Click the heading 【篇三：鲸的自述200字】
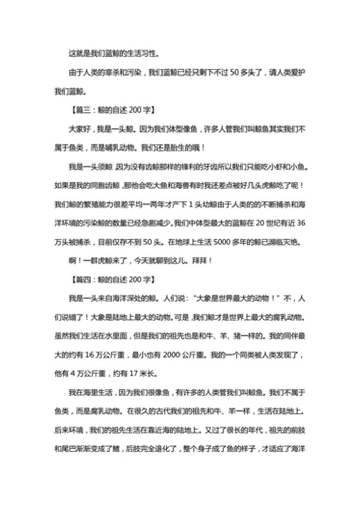click(x=111, y=110)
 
